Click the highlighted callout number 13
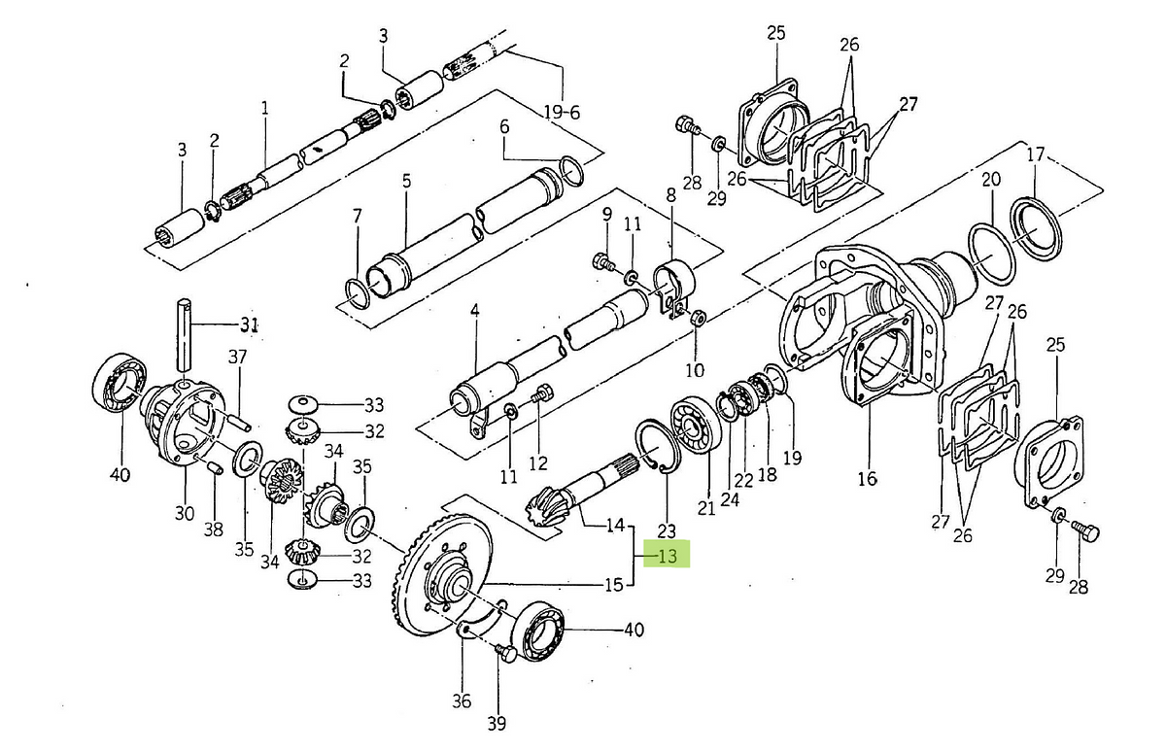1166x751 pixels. [x=668, y=557]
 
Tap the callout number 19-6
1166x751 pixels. [x=563, y=113]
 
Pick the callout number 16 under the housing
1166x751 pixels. [x=868, y=478]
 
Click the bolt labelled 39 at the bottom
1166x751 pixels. [x=505, y=652]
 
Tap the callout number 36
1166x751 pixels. [x=462, y=701]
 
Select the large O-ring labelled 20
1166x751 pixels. [x=992, y=255]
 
